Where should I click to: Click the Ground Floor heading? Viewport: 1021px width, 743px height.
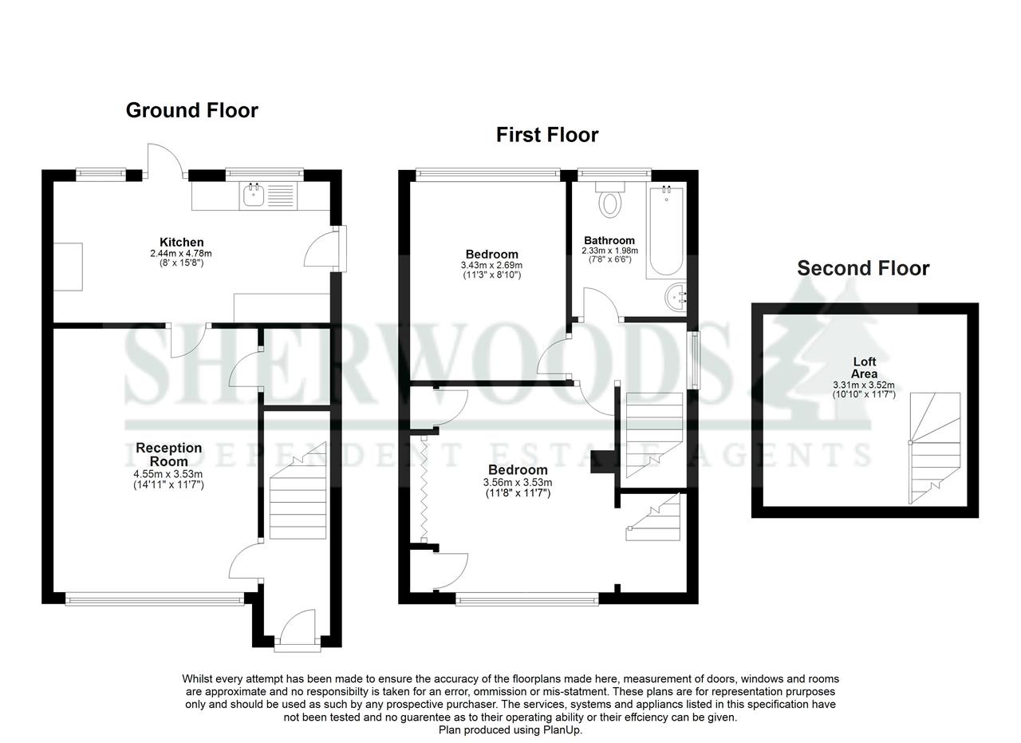point(191,110)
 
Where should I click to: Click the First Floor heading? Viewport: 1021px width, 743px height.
point(546,135)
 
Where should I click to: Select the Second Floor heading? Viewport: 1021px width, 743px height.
point(863,268)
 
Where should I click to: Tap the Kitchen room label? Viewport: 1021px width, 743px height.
point(181,243)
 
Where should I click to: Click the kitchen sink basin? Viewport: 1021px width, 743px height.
point(254,194)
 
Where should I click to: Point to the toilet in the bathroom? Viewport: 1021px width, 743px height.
point(610,200)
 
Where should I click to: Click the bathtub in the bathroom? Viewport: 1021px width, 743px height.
point(665,230)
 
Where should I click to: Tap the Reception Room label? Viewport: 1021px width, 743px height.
point(168,454)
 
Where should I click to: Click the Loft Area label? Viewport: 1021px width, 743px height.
point(864,368)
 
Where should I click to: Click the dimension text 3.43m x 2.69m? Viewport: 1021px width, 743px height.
point(491,265)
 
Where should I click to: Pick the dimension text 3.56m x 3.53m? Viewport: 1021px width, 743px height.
point(518,482)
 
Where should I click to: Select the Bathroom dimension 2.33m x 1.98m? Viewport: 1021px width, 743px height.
point(609,251)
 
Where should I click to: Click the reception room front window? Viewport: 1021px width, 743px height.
point(155,598)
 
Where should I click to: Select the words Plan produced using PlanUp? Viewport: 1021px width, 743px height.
point(510,729)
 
